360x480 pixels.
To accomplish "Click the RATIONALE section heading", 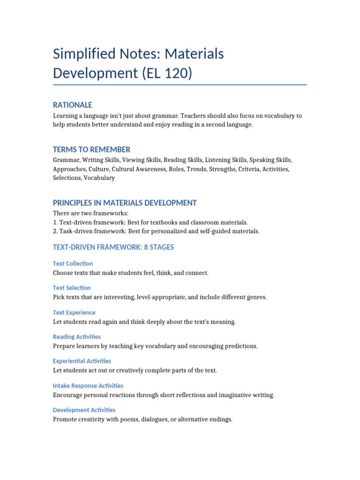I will tap(72, 105).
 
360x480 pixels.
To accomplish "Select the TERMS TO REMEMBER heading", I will tap(91, 150).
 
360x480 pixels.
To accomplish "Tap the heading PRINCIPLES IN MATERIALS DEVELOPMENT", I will tap(125, 203).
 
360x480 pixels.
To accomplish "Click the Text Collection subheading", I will tap(73, 263).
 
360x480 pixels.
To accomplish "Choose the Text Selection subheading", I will tap(72, 288).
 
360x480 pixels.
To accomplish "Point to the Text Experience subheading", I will tap(74, 312).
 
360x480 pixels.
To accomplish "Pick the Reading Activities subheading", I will tap(77, 337).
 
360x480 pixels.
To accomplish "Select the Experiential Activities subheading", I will tap(82, 361).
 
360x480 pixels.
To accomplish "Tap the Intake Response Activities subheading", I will tap(88, 386).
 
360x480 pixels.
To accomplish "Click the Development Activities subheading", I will tap(84, 410).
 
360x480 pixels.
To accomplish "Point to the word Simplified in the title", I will tap(82, 54).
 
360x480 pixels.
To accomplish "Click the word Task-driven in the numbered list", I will tap(75, 231).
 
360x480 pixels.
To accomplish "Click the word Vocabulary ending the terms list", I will tap(99, 178).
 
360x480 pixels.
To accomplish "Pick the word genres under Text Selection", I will tap(255, 297).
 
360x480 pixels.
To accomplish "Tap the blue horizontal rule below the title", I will tap(180, 85).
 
